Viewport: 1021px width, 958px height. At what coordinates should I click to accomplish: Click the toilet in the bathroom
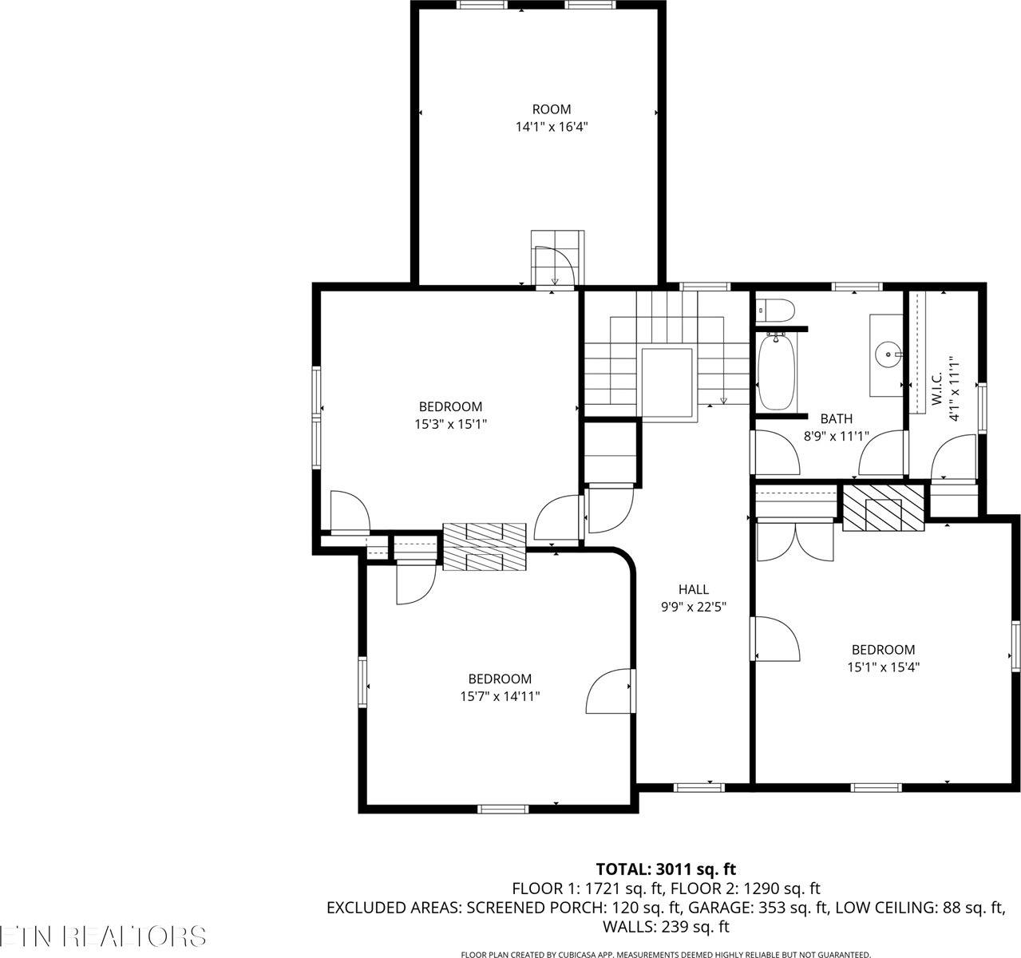coord(775,309)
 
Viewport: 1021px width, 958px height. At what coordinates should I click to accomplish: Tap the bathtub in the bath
coord(776,372)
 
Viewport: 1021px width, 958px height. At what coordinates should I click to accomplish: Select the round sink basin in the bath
coord(886,351)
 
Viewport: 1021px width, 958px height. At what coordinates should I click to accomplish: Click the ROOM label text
coord(552,109)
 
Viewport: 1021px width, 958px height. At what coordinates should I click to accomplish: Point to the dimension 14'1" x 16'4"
coord(552,127)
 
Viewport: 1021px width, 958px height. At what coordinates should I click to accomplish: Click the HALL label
coord(693,589)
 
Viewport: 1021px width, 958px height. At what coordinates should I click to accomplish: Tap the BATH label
coord(836,418)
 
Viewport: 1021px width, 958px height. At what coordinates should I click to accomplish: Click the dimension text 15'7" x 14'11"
coord(500,696)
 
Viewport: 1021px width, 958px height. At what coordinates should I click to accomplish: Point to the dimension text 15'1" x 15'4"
coord(883,667)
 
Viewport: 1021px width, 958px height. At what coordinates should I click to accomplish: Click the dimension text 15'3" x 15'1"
coord(450,425)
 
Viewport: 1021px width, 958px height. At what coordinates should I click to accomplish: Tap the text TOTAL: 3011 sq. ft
coord(666,869)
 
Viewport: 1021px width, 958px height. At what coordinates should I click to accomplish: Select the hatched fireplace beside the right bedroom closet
coord(883,507)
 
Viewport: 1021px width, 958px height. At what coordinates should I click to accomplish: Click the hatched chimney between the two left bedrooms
coord(485,547)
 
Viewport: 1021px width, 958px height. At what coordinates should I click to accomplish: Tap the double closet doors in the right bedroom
coord(793,541)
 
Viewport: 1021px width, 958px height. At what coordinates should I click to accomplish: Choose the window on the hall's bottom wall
coord(699,787)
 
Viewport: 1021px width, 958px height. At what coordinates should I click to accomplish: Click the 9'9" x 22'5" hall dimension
coord(693,607)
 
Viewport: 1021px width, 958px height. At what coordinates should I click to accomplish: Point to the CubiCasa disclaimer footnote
coord(666,954)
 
